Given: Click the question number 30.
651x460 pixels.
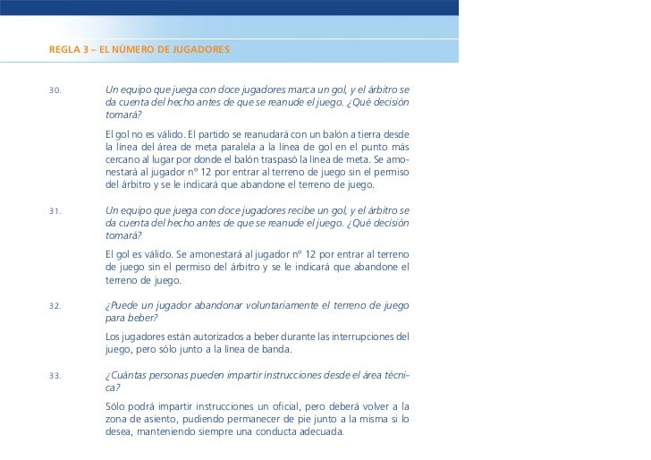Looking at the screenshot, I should click(x=55, y=91).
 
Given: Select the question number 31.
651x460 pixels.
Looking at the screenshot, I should click(x=55, y=212).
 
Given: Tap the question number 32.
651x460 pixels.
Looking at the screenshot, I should click(x=55, y=305).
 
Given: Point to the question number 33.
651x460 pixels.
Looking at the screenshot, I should click(x=55, y=376).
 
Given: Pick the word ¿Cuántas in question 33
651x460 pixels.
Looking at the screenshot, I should click(x=127, y=375).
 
